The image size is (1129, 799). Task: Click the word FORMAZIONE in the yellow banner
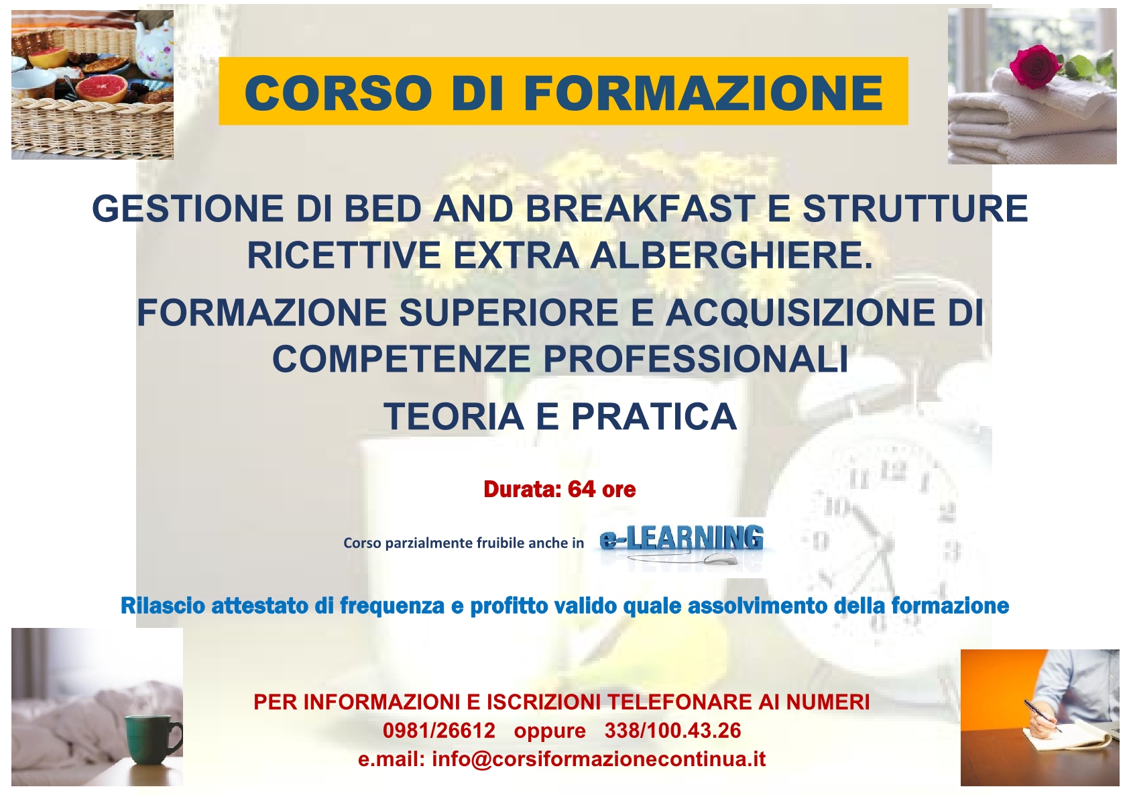(703, 93)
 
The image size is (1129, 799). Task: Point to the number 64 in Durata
(581, 489)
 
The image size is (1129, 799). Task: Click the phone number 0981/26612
(439, 731)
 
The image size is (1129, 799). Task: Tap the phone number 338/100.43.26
(673, 731)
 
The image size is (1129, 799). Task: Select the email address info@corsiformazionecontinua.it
(599, 759)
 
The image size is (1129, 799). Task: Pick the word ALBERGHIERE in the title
(731, 255)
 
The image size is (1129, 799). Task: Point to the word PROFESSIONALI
(695, 359)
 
